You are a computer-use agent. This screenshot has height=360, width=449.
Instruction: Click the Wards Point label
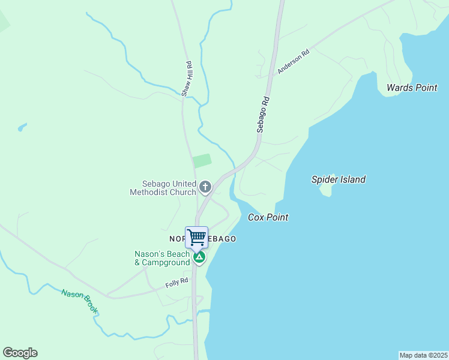pos(412,88)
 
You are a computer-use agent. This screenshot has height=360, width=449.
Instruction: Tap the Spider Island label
pos(338,179)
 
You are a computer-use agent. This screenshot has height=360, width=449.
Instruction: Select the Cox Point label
pos(268,217)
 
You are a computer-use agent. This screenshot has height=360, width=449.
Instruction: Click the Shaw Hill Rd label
pos(188,79)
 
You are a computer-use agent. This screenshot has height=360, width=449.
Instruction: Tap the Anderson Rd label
pos(293,62)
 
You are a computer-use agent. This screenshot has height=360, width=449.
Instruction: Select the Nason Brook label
pos(79,302)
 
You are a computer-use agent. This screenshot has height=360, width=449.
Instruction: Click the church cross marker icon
pos(205,187)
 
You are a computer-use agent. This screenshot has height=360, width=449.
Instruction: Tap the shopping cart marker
pos(197,236)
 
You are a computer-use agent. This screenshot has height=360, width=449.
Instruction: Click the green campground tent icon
pos(199,258)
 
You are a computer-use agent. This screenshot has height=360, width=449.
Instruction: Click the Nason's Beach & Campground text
pos(162,258)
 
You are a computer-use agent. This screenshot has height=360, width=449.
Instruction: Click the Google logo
pos(20,353)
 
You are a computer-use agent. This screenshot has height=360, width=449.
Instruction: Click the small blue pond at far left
pos(22,128)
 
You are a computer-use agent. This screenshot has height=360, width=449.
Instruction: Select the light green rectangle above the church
pos(202,161)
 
